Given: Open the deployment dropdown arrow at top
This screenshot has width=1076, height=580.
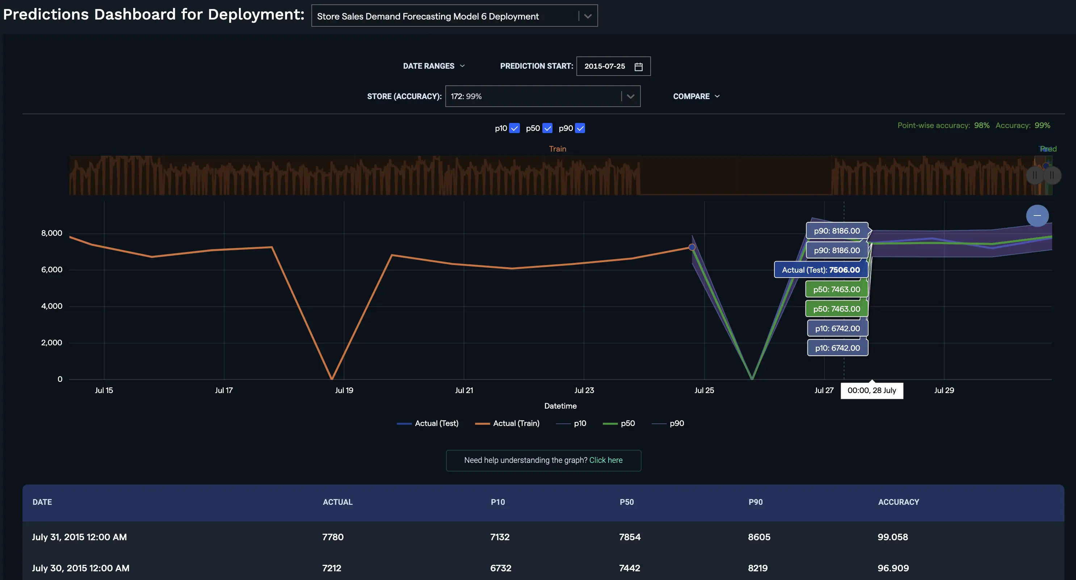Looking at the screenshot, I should [x=588, y=16].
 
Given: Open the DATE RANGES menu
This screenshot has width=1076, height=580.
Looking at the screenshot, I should [x=434, y=66].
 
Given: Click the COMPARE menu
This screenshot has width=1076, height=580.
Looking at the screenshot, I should [x=696, y=97].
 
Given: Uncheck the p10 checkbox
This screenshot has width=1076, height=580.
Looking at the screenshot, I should [x=514, y=128].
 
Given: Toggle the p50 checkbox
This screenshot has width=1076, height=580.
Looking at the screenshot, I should [x=547, y=128].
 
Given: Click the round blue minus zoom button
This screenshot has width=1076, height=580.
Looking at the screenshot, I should [x=1037, y=216].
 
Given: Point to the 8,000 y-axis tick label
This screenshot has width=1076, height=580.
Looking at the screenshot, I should [x=51, y=233].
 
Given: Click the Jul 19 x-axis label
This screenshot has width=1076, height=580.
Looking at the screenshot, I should [x=344, y=391].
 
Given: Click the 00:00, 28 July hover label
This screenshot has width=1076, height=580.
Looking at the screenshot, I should [x=872, y=391].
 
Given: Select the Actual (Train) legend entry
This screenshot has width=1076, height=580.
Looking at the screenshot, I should [x=516, y=423].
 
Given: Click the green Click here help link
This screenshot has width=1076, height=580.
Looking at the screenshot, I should [x=605, y=460].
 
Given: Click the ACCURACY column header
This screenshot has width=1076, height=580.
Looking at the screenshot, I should [x=898, y=502].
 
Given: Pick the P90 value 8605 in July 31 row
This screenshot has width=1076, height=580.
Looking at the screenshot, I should [x=758, y=537].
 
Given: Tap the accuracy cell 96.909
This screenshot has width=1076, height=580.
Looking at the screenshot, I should [x=893, y=568].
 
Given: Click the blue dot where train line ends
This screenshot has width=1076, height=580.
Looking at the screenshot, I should [x=692, y=247].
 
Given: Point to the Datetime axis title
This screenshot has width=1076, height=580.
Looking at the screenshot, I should [x=560, y=406].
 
